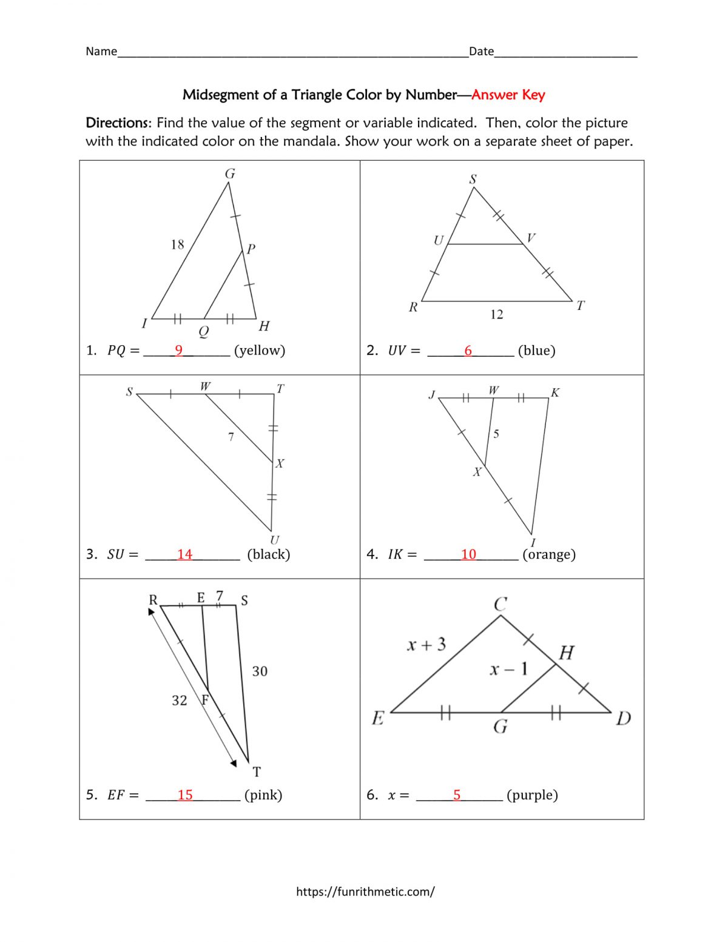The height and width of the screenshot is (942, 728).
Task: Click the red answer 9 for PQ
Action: [x=178, y=350]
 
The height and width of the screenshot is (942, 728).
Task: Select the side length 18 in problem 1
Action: [x=177, y=244]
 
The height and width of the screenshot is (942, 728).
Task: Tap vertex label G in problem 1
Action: [x=230, y=174]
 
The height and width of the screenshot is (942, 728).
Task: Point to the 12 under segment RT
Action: [x=497, y=314]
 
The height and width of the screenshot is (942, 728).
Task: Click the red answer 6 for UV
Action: [x=468, y=351]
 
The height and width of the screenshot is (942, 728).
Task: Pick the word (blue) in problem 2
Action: [x=536, y=351]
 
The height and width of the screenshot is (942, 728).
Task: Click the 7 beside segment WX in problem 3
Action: [x=231, y=437]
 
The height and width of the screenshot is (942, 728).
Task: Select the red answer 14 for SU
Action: [x=184, y=554]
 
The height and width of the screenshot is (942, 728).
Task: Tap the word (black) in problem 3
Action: [x=268, y=554]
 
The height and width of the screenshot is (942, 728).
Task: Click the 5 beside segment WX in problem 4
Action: [x=496, y=434]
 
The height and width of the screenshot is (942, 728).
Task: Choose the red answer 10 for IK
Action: [x=468, y=554]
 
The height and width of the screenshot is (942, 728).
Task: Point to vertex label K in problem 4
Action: [x=555, y=392]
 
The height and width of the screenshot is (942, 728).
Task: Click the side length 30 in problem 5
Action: [x=260, y=671]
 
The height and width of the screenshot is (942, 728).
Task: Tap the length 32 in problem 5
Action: [x=180, y=701]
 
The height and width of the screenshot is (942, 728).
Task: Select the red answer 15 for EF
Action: [x=185, y=795]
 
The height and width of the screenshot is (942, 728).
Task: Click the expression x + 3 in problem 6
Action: [x=426, y=644]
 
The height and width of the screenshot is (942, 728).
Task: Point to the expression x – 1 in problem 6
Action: [x=508, y=669]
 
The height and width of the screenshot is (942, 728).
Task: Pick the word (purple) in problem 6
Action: [x=532, y=795]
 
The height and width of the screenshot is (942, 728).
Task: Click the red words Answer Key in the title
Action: [x=508, y=95]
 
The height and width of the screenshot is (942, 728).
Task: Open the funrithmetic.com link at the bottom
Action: [x=365, y=892]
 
